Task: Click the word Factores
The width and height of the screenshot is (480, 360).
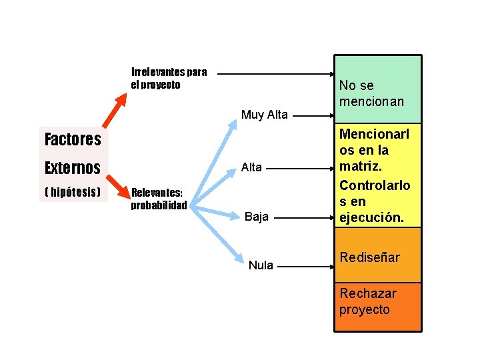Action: pyautogui.click(x=73, y=139)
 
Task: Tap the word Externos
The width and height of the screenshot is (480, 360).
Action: pyautogui.click(x=73, y=167)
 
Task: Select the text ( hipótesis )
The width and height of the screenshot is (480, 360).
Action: pyautogui.click(x=73, y=192)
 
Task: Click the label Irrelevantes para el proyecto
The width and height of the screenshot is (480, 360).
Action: pyautogui.click(x=169, y=78)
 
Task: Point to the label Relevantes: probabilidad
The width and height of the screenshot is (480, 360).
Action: pyautogui.click(x=159, y=199)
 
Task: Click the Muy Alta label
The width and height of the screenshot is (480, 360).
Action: pyautogui.click(x=265, y=115)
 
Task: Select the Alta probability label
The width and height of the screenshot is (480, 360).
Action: pyautogui.click(x=251, y=167)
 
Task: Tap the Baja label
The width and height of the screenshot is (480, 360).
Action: pyautogui.click(x=257, y=216)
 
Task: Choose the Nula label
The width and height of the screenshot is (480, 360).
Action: pyautogui.click(x=261, y=265)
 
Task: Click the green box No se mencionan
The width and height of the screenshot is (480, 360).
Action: pyautogui.click(x=377, y=90)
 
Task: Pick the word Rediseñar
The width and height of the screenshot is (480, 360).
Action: pyautogui.click(x=370, y=257)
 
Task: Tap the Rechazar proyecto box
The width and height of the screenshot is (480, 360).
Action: pyautogui.click(x=377, y=307)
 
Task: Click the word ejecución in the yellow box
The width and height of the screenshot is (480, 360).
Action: pyautogui.click(x=371, y=217)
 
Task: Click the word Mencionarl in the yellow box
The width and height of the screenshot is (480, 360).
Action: pyautogui.click(x=375, y=134)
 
